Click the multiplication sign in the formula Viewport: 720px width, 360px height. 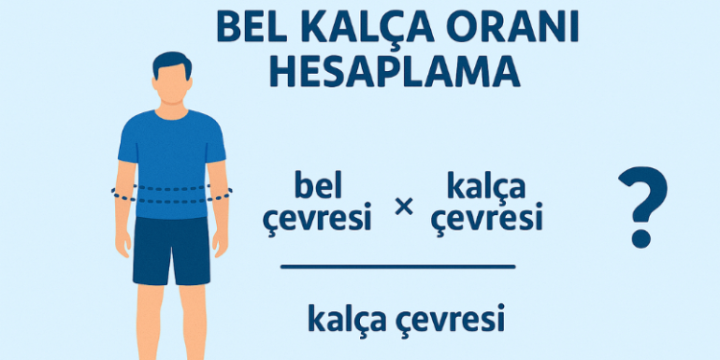tap(404, 204)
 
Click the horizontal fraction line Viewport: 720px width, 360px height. tap(397, 266)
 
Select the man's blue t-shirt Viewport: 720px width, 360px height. tap(172, 154)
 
